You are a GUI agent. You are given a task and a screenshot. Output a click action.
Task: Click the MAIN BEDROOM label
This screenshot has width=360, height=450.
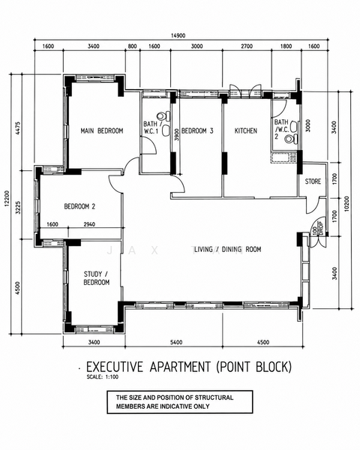(102, 130)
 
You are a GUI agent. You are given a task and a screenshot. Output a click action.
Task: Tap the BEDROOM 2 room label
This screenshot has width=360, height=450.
(79, 206)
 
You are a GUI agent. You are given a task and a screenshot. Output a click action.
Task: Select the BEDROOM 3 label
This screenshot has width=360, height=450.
(197, 130)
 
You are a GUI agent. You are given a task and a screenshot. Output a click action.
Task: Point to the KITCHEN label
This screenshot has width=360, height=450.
(246, 130)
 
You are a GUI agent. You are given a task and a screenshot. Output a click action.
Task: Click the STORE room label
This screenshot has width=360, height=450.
(313, 181)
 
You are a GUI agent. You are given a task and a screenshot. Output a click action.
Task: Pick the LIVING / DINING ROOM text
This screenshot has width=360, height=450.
(227, 249)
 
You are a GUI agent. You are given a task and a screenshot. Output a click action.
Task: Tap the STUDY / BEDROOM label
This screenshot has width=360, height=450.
(97, 278)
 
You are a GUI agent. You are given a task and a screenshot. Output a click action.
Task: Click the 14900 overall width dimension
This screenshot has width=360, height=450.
(178, 35)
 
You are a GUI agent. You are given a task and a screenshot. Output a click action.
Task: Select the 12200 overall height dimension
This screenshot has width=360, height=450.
(6, 198)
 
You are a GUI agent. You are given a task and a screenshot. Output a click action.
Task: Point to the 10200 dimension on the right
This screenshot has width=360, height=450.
(346, 204)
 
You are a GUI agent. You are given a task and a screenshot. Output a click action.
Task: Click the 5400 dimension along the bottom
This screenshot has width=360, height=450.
(176, 342)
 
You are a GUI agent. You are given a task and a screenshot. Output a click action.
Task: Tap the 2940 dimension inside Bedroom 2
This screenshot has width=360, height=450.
(89, 224)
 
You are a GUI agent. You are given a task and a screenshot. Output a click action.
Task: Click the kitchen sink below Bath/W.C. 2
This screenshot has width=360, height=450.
(283, 157)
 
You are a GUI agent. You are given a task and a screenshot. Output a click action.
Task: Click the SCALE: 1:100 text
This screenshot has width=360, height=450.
(103, 376)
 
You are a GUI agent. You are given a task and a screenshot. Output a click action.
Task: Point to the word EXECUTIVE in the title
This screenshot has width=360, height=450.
(115, 367)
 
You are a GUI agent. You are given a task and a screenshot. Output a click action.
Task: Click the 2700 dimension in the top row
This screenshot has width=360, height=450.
(247, 46)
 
